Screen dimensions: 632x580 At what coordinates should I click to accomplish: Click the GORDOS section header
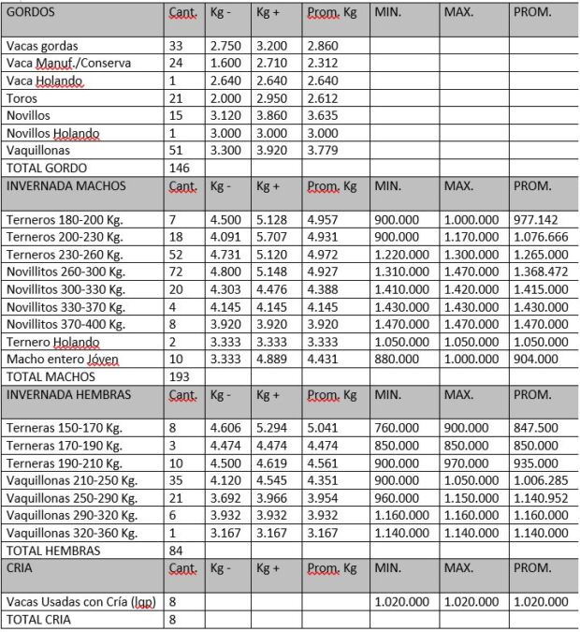tap(31, 14)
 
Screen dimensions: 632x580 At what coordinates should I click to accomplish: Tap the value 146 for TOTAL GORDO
tap(178, 167)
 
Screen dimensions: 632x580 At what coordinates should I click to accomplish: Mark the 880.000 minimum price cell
tap(394, 358)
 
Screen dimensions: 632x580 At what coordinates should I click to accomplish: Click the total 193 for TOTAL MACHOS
tap(178, 375)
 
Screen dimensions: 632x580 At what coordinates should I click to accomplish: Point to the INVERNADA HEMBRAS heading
tap(67, 393)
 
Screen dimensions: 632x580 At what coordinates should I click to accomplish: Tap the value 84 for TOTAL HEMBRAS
tap(175, 550)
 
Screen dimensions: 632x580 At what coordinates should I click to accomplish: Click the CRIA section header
tap(22, 567)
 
